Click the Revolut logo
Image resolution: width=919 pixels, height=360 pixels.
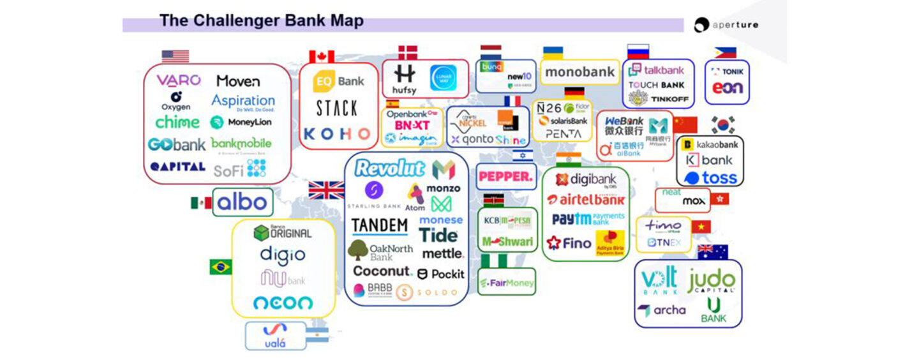[389, 169]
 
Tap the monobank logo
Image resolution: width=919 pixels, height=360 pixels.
[579, 72]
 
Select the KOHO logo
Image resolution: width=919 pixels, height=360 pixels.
[336, 134]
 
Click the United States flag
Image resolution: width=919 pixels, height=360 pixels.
[175, 56]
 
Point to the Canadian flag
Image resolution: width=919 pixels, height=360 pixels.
[322, 57]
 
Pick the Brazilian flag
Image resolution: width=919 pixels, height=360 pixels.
[220, 267]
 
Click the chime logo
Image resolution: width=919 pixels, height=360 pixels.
[177, 122]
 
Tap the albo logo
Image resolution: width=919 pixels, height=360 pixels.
[242, 202]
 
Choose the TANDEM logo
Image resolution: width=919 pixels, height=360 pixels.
[380, 226]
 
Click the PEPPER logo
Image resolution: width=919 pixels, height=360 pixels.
[505, 177]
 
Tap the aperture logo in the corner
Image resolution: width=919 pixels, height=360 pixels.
[726, 25]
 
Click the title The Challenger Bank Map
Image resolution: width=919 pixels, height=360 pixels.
[261, 21]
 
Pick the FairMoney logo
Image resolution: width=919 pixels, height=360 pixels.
[507, 282]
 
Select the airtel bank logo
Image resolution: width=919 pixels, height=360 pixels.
[586, 199]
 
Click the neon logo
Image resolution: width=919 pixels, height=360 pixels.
[283, 303]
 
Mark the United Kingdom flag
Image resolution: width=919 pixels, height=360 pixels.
[326, 190]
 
